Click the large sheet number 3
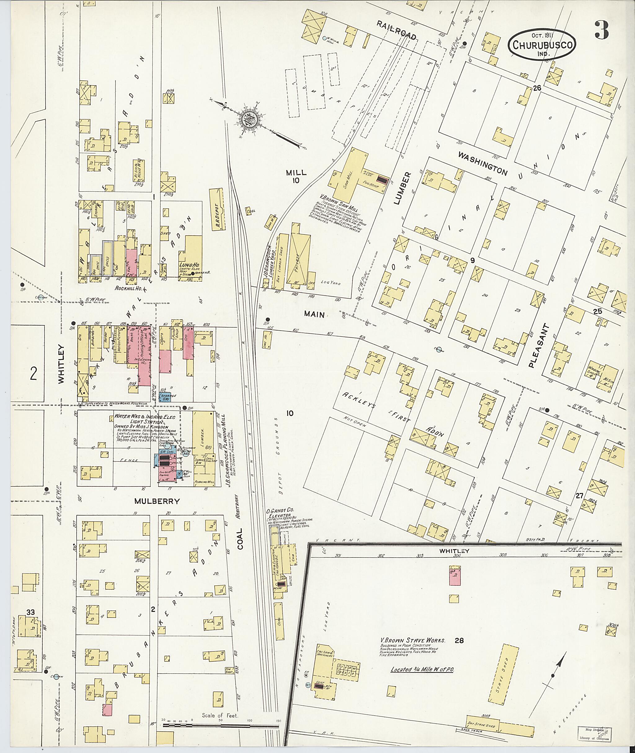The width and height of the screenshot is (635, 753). coord(602,30)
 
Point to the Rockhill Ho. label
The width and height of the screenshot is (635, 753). coord(129,288)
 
